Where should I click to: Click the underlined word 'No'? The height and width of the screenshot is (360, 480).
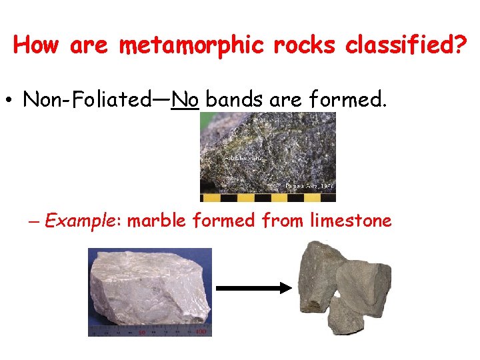pos(185,100)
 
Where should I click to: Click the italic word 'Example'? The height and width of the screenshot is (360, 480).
pos(83,221)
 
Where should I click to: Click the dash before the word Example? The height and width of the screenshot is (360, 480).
pos(34,221)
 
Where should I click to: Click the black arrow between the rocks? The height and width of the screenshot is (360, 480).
pos(254,288)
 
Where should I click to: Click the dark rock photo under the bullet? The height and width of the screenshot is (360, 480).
pos(268,150)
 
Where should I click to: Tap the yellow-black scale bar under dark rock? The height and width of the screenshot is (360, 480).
pos(268,198)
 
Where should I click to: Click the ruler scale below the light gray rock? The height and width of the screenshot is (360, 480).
pos(149,331)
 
